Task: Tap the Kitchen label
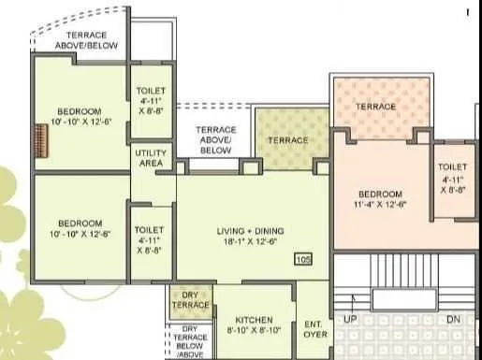pyautogui.click(x=255, y=320)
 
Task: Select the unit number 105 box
pyautogui.click(x=302, y=259)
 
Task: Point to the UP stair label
pyautogui.click(x=351, y=320)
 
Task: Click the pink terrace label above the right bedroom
pyautogui.click(x=376, y=107)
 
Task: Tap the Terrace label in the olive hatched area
pyautogui.click(x=287, y=140)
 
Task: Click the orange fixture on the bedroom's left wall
pyautogui.click(x=40, y=136)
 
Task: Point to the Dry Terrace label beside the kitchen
pyautogui.click(x=191, y=300)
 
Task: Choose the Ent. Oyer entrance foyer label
pyautogui.click(x=313, y=328)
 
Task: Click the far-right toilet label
pyautogui.click(x=453, y=178)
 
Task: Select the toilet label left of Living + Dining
pyautogui.click(x=150, y=239)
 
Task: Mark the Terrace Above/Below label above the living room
pyautogui.click(x=216, y=139)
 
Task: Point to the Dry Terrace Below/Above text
pyautogui.click(x=190, y=342)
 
